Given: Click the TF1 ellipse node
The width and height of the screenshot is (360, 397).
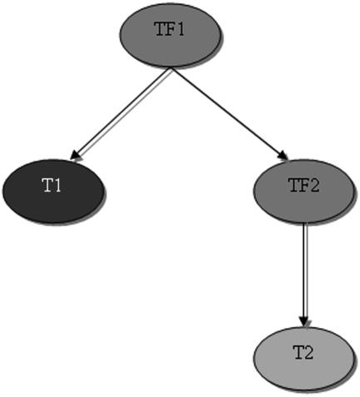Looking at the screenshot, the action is [x=170, y=35].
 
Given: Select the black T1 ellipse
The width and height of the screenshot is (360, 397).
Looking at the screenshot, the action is [x=53, y=191].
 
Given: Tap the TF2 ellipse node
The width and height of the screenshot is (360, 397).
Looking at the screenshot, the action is [x=303, y=191].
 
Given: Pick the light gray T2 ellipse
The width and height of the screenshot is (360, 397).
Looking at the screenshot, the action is [x=303, y=359].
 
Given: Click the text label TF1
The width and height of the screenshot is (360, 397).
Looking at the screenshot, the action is [x=170, y=29].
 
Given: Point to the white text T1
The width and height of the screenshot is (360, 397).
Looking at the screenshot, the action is [x=52, y=186].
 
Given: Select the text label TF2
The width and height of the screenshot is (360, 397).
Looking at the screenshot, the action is [x=304, y=186].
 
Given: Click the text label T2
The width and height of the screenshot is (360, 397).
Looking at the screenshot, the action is [x=303, y=353].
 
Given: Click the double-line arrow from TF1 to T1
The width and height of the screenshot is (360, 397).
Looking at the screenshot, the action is [x=121, y=114].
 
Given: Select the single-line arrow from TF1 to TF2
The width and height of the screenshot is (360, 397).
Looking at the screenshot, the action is [x=229, y=114].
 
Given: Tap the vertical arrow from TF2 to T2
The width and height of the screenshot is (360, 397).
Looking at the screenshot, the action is [x=304, y=275].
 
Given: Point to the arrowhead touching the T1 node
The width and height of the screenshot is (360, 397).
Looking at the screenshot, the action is [x=75, y=156].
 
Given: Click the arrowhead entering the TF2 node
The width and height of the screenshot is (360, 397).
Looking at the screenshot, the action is [x=284, y=156].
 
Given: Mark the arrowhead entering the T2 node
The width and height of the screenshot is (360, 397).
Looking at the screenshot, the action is [x=304, y=322].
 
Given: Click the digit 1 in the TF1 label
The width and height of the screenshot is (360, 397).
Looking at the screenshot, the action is [x=180, y=29].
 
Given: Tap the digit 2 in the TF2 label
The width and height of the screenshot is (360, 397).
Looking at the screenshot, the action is [x=314, y=186].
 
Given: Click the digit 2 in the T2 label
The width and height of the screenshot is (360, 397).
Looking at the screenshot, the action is [x=308, y=353].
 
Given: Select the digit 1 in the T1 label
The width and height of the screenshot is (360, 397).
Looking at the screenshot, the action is [x=57, y=186].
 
